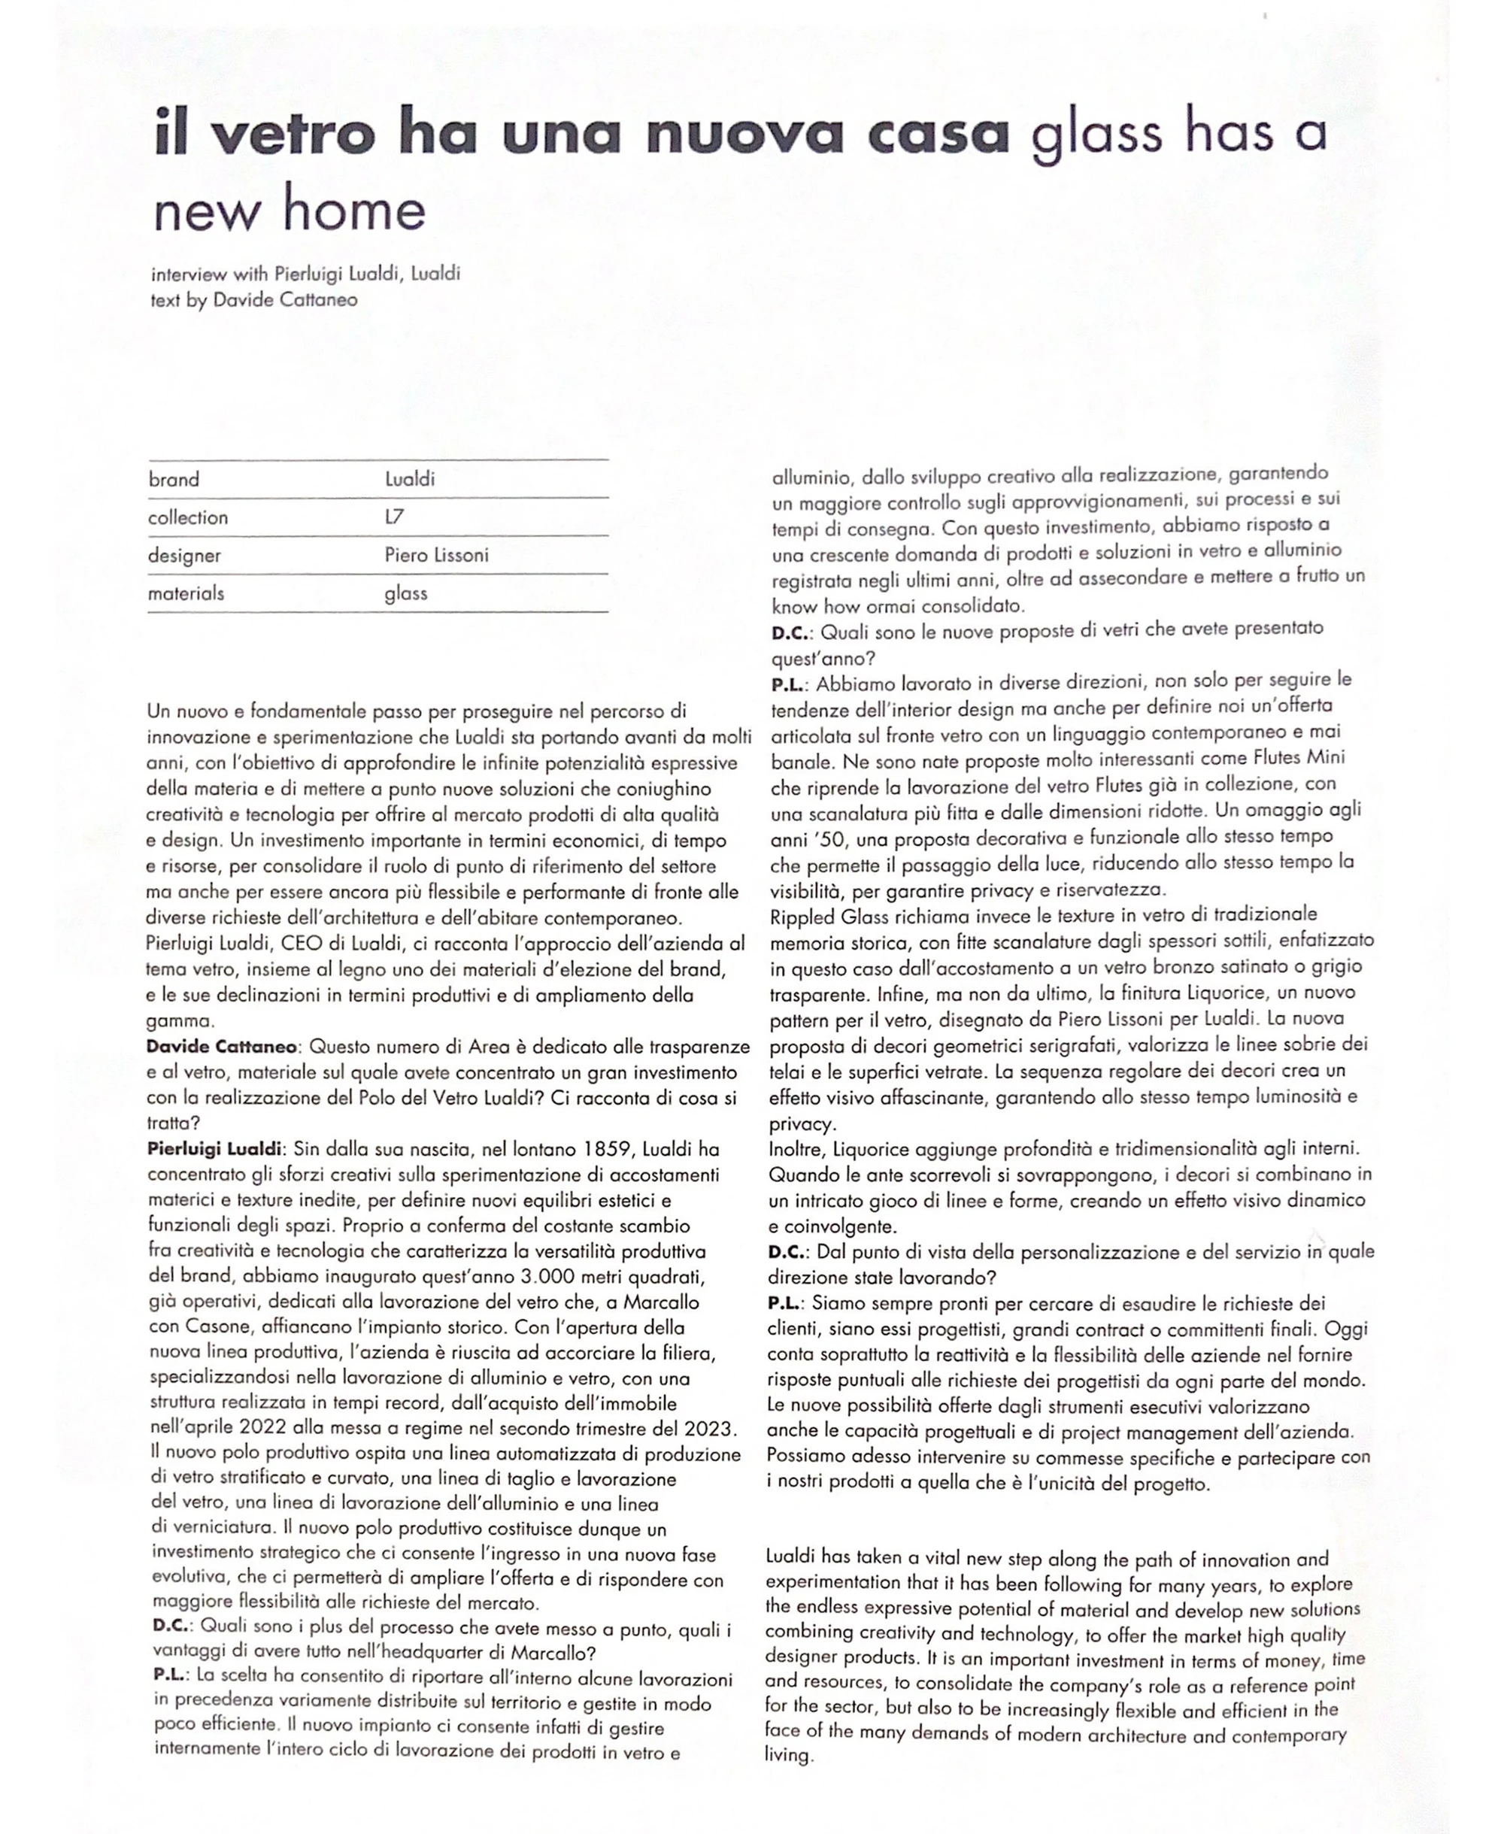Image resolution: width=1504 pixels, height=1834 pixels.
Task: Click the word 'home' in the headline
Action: pyautogui.click(x=354, y=211)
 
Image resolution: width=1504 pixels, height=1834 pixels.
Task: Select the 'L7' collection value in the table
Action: pyautogui.click(x=394, y=517)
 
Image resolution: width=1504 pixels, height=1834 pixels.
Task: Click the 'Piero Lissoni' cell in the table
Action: pyautogui.click(x=437, y=555)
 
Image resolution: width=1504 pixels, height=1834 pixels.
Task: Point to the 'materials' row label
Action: pyautogui.click(x=186, y=593)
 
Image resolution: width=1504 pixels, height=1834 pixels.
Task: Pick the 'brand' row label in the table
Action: pyautogui.click(x=173, y=479)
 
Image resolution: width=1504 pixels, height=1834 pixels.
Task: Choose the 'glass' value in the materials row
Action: pyautogui.click(x=406, y=593)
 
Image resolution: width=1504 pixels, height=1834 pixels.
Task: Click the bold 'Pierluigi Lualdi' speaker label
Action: pyautogui.click(x=215, y=1150)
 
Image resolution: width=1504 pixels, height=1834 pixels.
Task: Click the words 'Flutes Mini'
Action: pyautogui.click(x=1299, y=758)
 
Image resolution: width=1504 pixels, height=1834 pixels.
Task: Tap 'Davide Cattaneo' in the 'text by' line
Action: pyautogui.click(x=285, y=300)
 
